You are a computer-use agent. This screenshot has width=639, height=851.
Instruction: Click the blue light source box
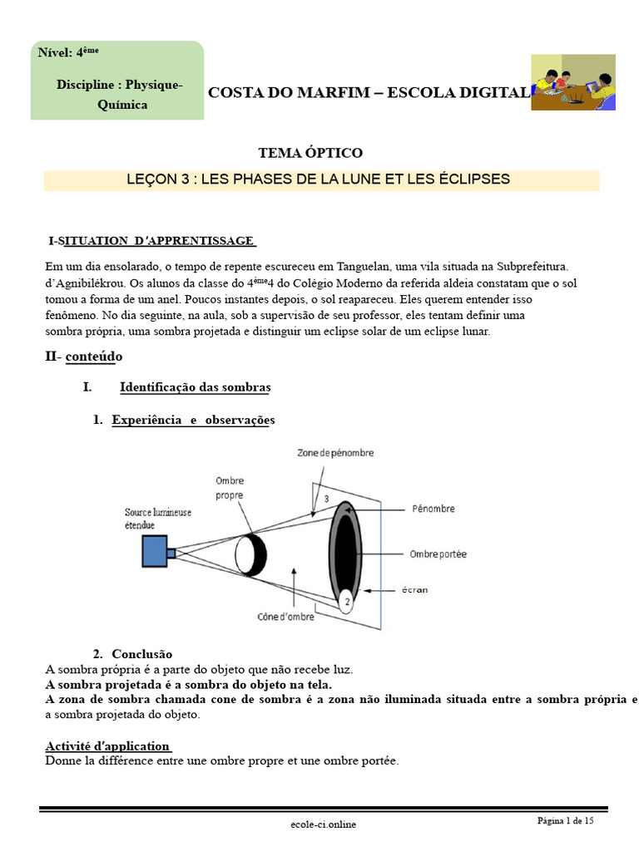(x=154, y=552)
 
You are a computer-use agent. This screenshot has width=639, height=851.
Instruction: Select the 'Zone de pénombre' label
(x=335, y=453)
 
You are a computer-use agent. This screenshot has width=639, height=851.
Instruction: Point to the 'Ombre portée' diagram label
(x=438, y=553)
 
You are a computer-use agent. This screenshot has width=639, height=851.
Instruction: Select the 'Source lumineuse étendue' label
(x=158, y=519)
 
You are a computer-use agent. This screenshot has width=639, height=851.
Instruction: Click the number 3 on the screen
(x=326, y=499)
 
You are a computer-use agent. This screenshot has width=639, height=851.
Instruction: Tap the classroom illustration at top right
(x=573, y=82)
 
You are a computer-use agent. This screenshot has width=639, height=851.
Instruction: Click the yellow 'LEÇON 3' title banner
(x=321, y=180)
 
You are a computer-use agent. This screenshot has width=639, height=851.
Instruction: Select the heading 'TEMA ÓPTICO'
(x=310, y=153)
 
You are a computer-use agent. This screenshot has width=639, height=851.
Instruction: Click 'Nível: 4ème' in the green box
(x=68, y=52)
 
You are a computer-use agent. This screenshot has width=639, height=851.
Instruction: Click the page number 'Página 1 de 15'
(x=565, y=821)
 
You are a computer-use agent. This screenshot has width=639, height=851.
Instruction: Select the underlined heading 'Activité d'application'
(x=107, y=745)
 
